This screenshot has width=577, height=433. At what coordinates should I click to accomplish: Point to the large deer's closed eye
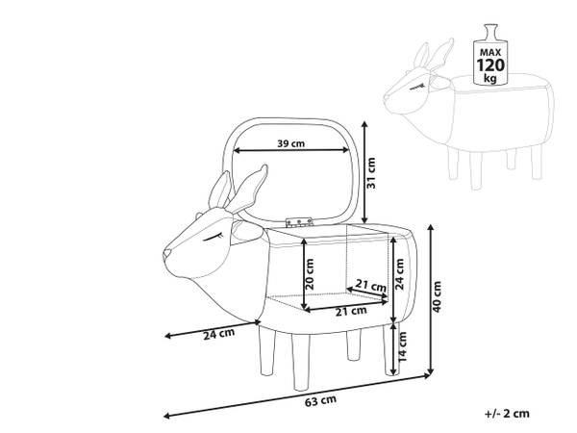tap(213, 234)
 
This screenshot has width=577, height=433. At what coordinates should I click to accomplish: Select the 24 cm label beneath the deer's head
tap(219, 334)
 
